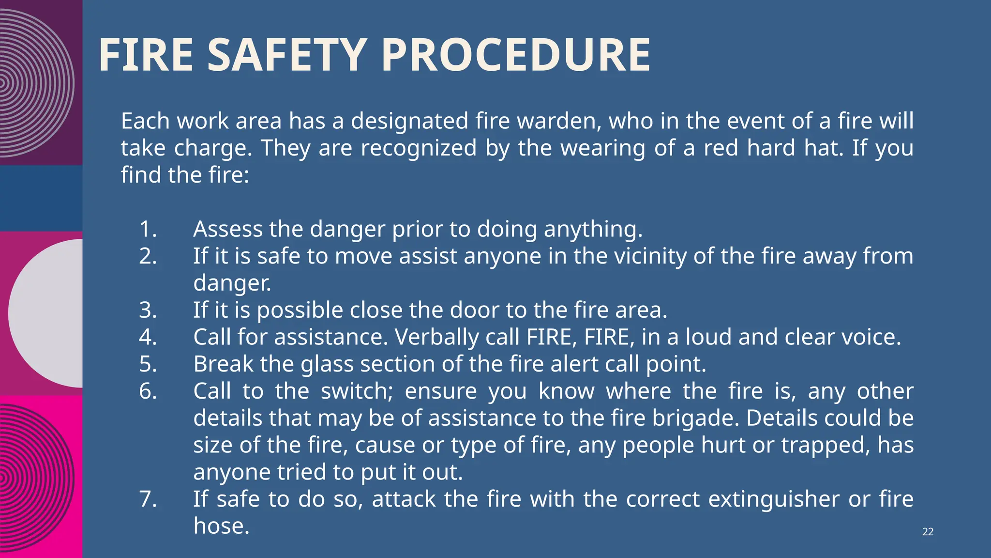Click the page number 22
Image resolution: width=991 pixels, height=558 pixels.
click(928, 532)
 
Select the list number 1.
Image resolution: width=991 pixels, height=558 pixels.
click(148, 229)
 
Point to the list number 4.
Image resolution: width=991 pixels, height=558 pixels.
click(148, 337)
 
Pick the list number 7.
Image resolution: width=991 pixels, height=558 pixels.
click(148, 499)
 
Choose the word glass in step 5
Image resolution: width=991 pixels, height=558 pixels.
click(327, 364)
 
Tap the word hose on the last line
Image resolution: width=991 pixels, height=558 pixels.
click(221, 526)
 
